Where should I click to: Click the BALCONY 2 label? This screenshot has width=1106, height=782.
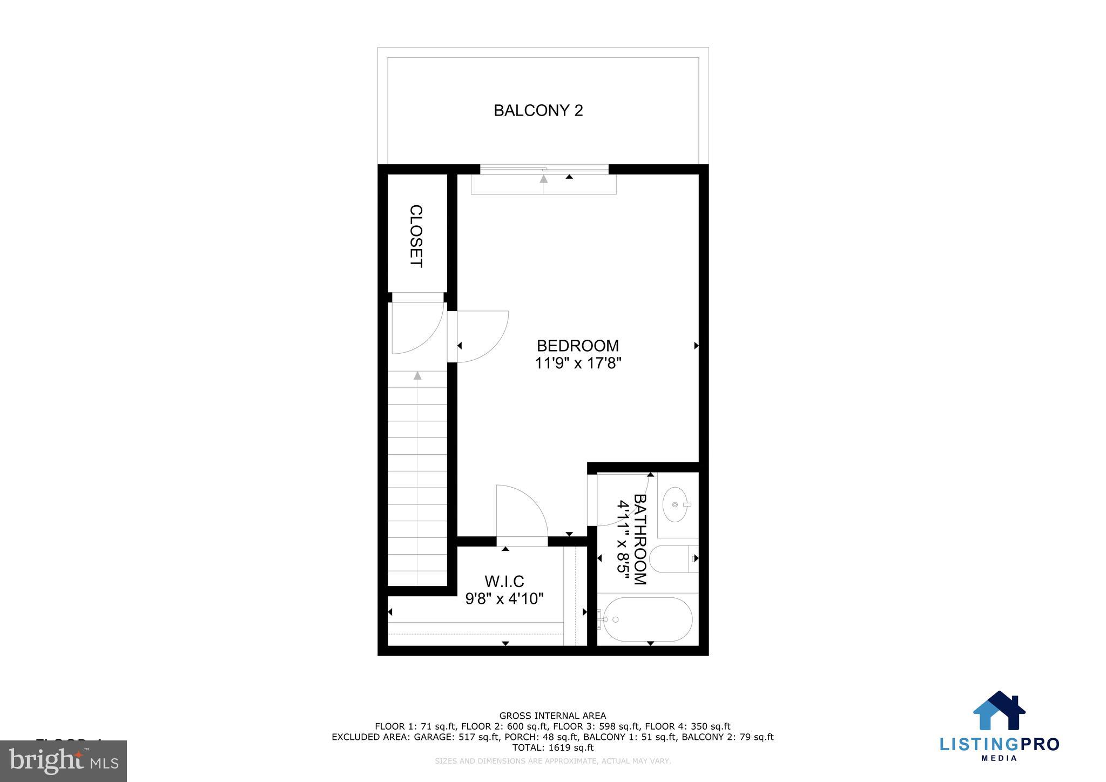(x=538, y=110)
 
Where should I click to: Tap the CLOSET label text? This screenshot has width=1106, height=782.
(x=415, y=236)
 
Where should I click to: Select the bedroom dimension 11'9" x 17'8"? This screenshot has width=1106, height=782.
(x=578, y=363)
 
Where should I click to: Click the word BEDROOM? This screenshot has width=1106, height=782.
(x=577, y=346)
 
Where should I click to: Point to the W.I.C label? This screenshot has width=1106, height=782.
(x=504, y=582)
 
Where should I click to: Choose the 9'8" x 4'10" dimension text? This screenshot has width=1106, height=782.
(x=504, y=598)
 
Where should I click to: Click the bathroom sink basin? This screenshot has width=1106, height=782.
(x=675, y=504)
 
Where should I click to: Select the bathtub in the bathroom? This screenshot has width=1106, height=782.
(x=648, y=619)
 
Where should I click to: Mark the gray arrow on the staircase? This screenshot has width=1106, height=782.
(x=417, y=376)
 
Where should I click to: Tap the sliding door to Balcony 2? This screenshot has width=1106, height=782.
(x=544, y=170)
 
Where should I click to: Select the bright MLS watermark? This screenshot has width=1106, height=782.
(x=63, y=761)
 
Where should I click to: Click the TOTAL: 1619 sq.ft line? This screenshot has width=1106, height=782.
(x=552, y=747)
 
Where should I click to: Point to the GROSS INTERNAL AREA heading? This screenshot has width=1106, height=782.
(x=552, y=716)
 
